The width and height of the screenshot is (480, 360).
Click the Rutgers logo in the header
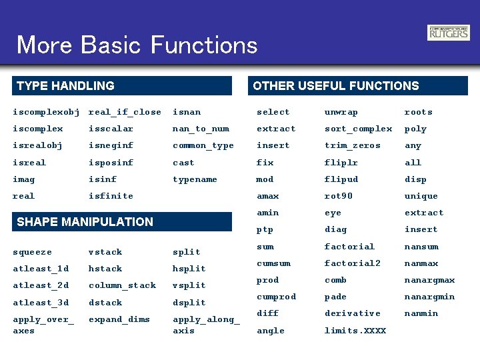point(448,33)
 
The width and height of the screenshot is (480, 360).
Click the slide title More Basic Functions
point(137,45)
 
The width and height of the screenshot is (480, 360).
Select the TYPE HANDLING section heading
point(65,86)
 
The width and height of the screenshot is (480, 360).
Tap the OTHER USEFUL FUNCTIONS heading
point(336,86)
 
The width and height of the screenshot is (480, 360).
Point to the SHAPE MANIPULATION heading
point(85,222)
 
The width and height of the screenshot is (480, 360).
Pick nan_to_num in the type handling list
point(201,129)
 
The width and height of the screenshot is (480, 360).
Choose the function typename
point(195,179)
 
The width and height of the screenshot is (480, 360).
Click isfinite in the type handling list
point(111,196)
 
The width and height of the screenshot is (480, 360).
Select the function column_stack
point(122,285)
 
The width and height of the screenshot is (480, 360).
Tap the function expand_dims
point(119,319)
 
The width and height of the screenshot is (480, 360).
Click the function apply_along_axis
point(205,325)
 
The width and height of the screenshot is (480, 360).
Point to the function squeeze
point(32,252)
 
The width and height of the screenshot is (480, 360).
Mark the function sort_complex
point(358,129)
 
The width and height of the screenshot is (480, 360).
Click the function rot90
point(338,196)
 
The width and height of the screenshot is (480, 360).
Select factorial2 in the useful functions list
point(352,263)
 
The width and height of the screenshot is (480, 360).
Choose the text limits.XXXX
point(355,331)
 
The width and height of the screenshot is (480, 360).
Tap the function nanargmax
point(429,280)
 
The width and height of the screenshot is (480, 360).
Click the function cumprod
point(276,297)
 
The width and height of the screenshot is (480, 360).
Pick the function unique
point(421,196)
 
